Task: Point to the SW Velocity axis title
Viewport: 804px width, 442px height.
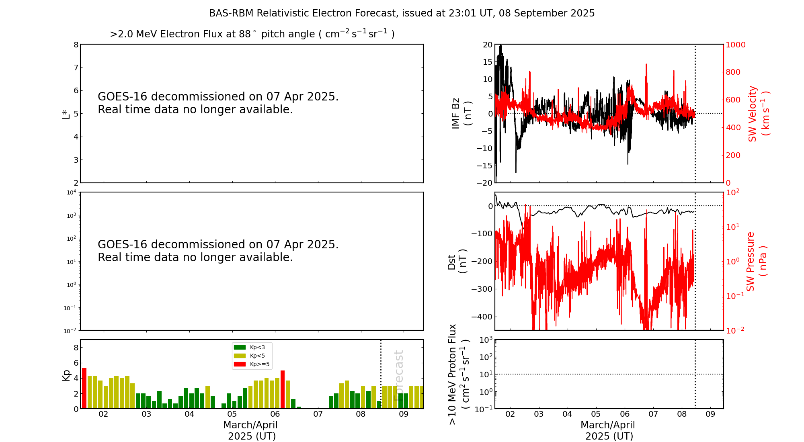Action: [758, 114]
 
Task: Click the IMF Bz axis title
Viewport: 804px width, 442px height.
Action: [461, 113]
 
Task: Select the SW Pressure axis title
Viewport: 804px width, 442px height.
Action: [756, 261]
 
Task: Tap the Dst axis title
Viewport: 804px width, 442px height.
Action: [457, 261]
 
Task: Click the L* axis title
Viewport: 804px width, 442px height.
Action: [66, 114]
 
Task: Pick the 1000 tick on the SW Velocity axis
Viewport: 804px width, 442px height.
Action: [735, 45]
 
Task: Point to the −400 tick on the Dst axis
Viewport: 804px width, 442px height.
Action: [482, 317]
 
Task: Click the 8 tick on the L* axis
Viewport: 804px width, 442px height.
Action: [76, 45]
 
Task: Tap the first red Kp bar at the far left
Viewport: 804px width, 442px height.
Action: [84, 388]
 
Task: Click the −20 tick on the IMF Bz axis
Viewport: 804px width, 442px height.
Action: [484, 183]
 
